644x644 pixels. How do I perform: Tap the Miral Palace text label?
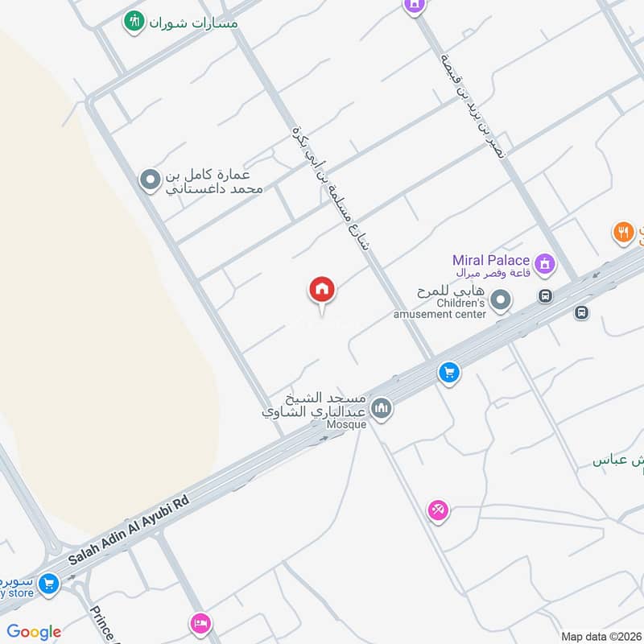pos(490,260)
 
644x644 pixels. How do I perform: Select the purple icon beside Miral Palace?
pos(547,262)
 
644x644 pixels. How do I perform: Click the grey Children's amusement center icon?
pos(502,301)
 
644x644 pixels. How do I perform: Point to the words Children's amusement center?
pos(450,308)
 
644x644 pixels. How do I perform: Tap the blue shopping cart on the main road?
pos(448,373)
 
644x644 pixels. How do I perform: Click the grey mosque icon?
pos(382,408)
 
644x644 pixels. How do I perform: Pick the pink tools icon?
pos(438,510)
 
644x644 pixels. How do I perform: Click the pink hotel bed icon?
pos(200,623)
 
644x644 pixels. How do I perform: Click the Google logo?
pos(34,632)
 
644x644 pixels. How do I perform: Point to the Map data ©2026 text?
pos(600,636)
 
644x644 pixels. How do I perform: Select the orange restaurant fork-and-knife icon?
pos(623,233)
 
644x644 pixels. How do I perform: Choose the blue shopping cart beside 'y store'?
pos(49,583)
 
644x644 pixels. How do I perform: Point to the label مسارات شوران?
pos(194,23)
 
